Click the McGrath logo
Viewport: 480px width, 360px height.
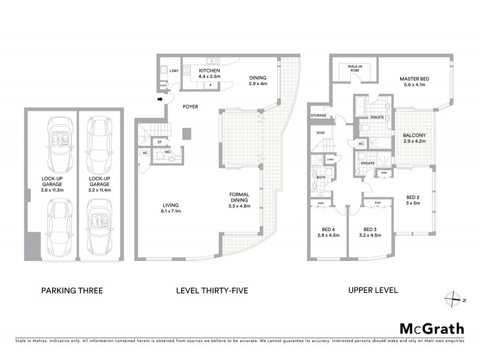coord(431,328)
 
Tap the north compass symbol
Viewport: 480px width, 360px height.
coord(454,298)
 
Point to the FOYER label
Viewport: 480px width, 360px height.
coord(190,107)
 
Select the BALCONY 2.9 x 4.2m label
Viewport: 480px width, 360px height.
coord(414,139)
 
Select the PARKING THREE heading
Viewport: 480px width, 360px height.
coord(72,291)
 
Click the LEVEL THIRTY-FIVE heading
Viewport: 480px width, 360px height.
coord(212,291)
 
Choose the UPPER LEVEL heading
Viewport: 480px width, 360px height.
coord(373,291)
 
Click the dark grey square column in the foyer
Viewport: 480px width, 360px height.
coord(187,133)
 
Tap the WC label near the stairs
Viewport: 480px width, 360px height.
coord(169,152)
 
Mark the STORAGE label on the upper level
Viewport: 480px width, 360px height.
coord(319,115)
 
